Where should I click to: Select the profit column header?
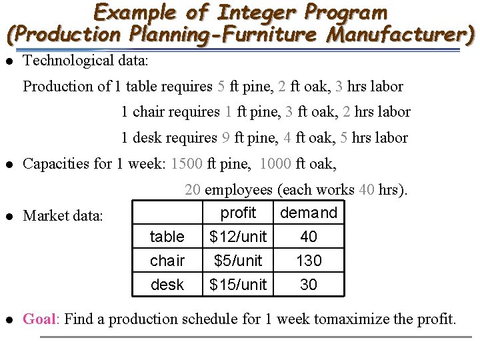coord(238,213)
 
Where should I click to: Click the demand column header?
coord(309,213)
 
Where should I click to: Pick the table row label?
coord(167,237)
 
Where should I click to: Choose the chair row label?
coord(167,261)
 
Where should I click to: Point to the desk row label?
coord(167,285)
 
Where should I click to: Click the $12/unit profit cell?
coord(238,237)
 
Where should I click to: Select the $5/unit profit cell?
coord(238,261)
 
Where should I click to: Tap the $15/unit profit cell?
coord(238,285)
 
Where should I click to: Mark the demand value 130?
coord(309,261)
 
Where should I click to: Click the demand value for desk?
coord(309,285)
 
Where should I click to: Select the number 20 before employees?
coord(193,190)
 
